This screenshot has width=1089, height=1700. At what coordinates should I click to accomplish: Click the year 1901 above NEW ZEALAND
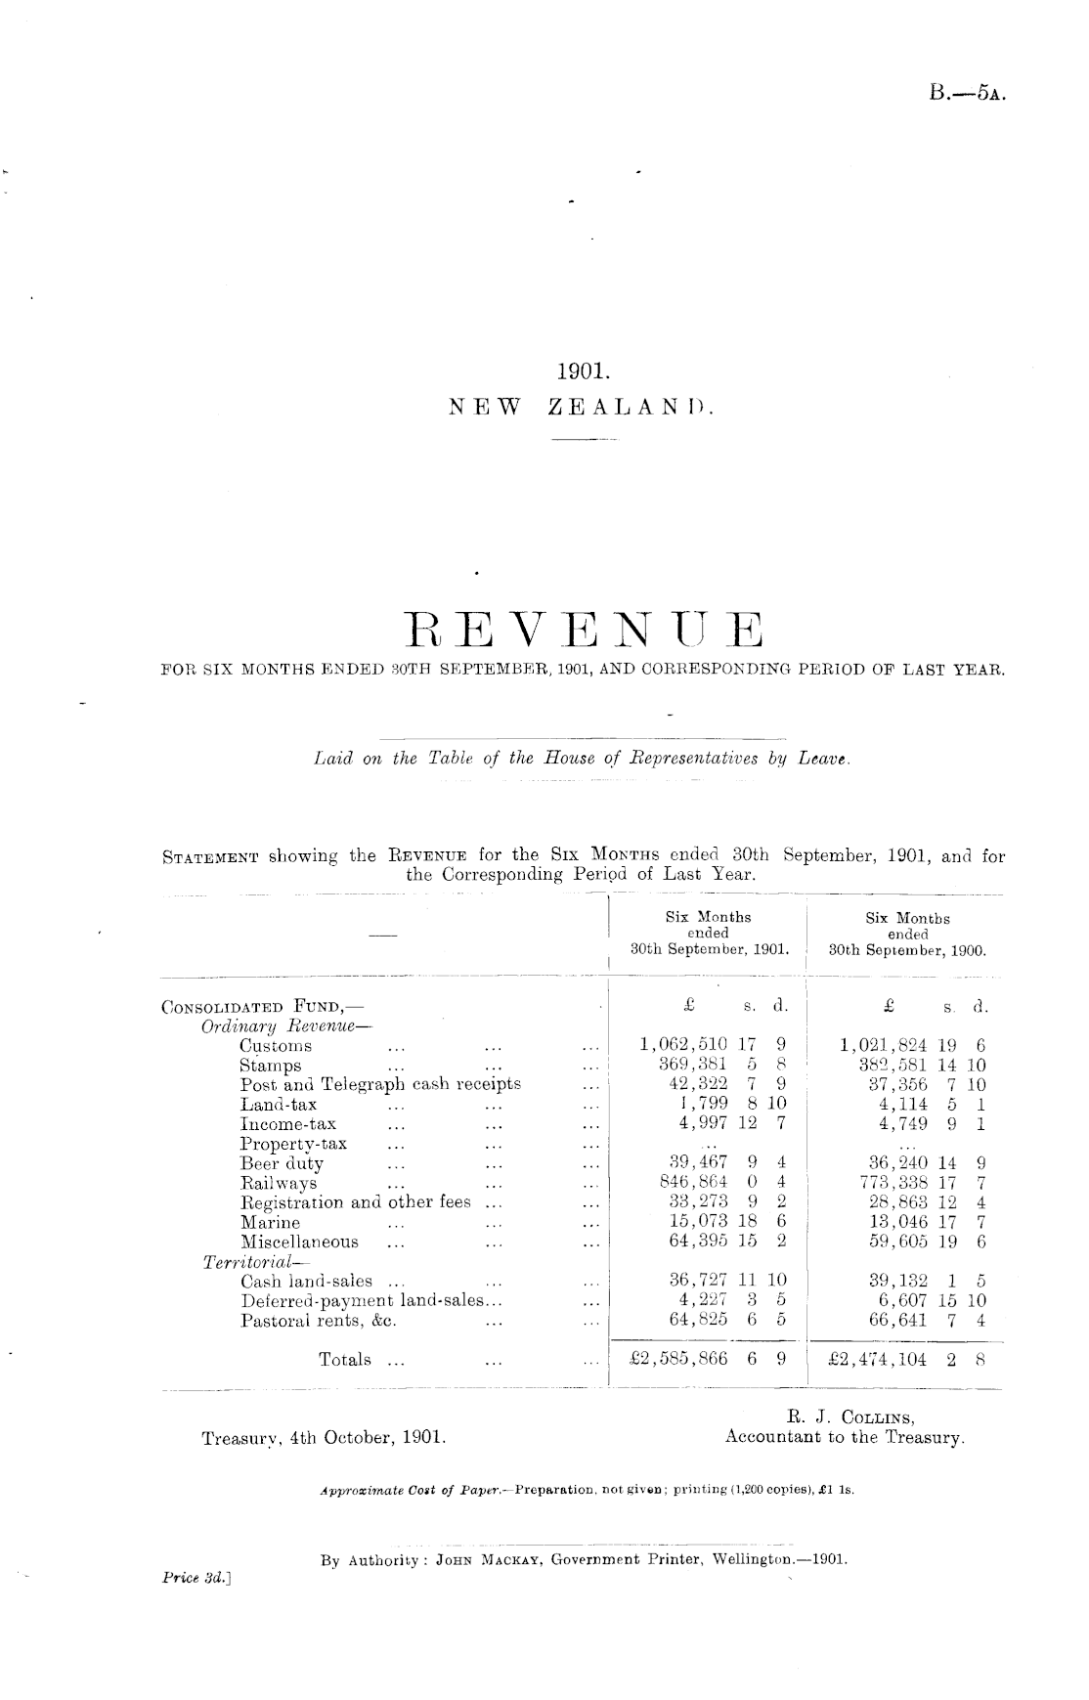coord(583,371)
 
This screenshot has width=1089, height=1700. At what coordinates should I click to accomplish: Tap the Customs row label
coord(276,1045)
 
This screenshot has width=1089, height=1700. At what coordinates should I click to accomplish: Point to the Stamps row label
coord(271,1066)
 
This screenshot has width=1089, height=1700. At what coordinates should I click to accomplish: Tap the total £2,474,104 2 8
coord(905,1359)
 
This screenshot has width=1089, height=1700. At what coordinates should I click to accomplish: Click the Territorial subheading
coord(238,1262)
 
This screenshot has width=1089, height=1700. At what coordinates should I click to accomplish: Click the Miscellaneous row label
coord(299,1242)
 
